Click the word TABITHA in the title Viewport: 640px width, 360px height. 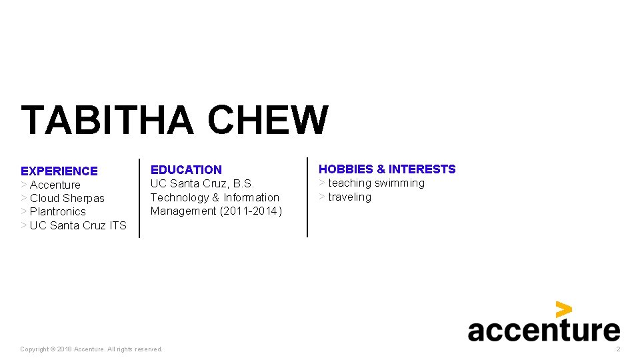(x=107, y=120)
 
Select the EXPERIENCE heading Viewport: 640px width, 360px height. (x=59, y=171)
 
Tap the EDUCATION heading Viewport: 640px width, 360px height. (x=186, y=170)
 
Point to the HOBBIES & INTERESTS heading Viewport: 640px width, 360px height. (x=387, y=169)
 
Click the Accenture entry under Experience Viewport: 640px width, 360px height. (x=55, y=185)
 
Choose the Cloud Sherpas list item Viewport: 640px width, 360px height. (x=67, y=198)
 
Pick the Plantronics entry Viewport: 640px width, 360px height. (x=57, y=211)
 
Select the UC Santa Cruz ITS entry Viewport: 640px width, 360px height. (x=77, y=225)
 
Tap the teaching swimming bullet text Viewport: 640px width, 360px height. (x=376, y=183)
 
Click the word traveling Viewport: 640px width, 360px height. (x=349, y=197)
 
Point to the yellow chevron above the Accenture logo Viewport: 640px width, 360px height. (x=564, y=309)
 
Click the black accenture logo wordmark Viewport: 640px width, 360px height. (x=543, y=330)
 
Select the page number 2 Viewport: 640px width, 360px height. (x=618, y=349)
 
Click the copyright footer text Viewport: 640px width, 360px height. (x=91, y=349)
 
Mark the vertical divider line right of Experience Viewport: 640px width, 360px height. (x=139, y=198)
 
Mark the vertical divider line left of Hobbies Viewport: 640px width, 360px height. (x=307, y=197)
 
